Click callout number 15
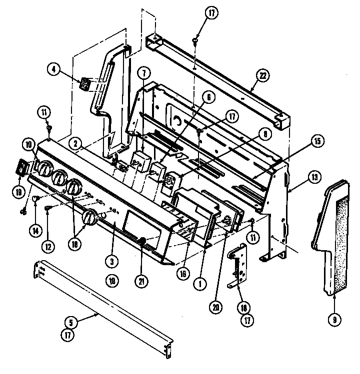click(316, 142)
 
